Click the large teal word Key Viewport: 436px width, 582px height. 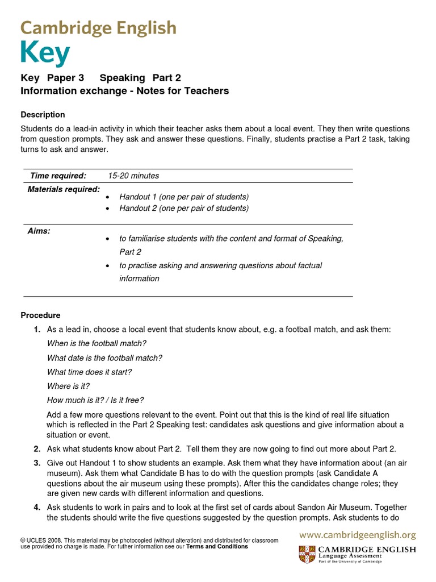pyautogui.click(x=45, y=55)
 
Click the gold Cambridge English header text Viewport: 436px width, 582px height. pyautogui.click(x=99, y=27)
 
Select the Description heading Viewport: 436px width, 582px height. pyautogui.click(x=43, y=114)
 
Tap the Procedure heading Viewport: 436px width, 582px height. pyautogui.click(x=40, y=315)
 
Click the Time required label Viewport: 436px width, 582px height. pyautogui.click(x=58, y=176)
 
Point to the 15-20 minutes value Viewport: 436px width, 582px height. pyautogui.click(x=133, y=176)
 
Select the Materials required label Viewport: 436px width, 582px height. pyautogui.click(x=64, y=189)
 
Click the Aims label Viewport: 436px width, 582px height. pyautogui.click(x=39, y=231)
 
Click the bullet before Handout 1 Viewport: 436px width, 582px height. pyautogui.click(x=108, y=197)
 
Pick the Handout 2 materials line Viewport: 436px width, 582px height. pyautogui.click(x=183, y=208)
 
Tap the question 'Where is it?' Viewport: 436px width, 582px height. pyautogui.click(x=68, y=386)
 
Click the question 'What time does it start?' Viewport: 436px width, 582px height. pyautogui.click(x=89, y=372)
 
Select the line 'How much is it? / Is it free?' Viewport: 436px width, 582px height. pyautogui.click(x=95, y=400)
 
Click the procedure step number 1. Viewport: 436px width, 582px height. pyautogui.click(x=36, y=330)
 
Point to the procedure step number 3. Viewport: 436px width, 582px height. pyautogui.click(x=36, y=463)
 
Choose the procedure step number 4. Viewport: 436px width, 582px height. pyautogui.click(x=36, y=507)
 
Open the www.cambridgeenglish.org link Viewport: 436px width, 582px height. pyautogui.click(x=358, y=535)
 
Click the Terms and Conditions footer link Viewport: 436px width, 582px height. pyautogui.click(x=217, y=547)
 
